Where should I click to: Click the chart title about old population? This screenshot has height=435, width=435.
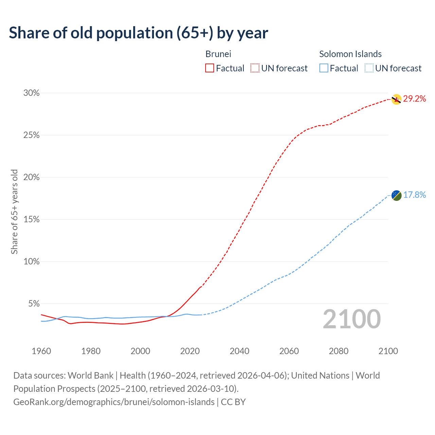(138, 33)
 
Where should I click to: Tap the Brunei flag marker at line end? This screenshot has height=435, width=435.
(396, 99)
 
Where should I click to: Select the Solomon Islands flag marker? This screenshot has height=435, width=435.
(396, 195)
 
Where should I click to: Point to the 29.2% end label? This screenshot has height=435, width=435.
(415, 99)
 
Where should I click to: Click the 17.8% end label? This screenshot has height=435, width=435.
(415, 195)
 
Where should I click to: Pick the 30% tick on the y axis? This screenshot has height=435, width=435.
(31, 93)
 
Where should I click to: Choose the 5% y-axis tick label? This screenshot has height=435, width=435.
(34, 303)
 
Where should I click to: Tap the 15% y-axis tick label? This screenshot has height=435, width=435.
(31, 220)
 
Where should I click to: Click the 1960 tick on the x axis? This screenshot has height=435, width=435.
(41, 351)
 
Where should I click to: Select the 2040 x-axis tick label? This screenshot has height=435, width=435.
(239, 351)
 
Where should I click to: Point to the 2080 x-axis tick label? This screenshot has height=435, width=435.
(338, 351)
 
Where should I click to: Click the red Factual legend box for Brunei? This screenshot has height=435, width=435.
(210, 68)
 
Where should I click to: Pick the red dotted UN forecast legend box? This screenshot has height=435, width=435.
(255, 68)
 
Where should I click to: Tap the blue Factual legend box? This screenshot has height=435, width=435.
(324, 68)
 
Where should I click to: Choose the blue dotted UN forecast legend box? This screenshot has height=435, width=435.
(369, 68)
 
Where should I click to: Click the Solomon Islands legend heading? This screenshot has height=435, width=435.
(350, 54)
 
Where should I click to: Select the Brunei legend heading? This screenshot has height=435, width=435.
(218, 54)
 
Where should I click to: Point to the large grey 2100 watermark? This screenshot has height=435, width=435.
(351, 319)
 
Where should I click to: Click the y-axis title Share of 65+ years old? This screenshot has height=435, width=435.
(14, 211)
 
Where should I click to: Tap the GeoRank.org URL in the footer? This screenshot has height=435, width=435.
(114, 402)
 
